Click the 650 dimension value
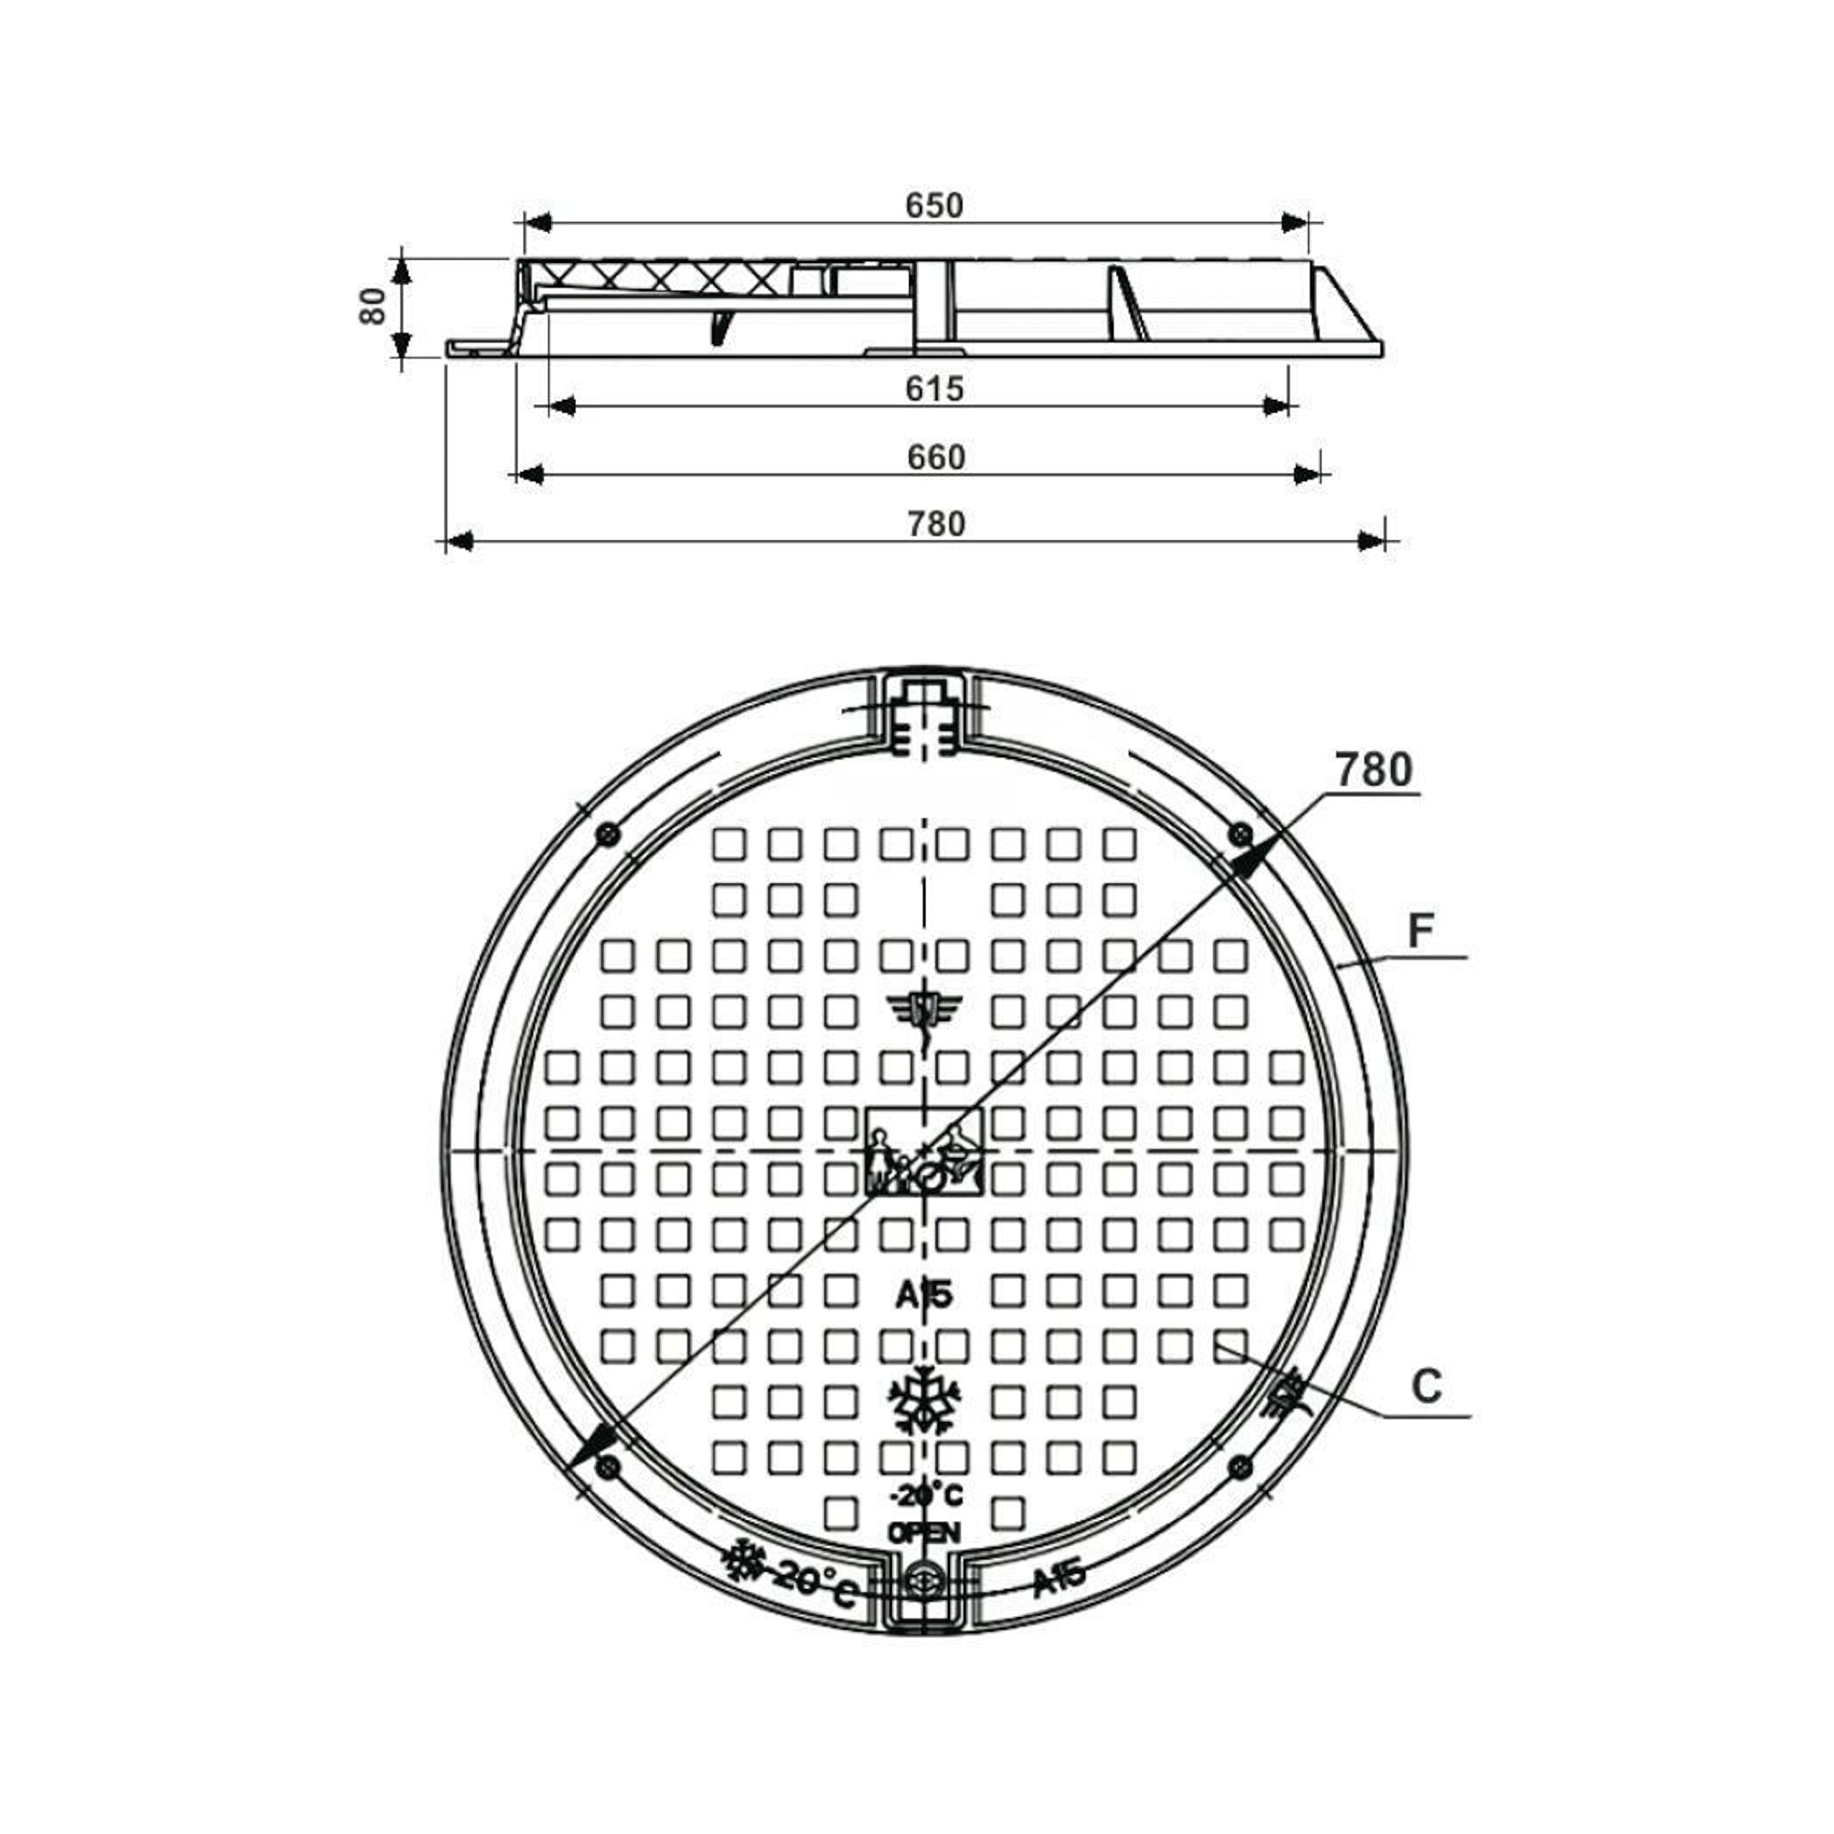point(934,205)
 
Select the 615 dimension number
point(935,388)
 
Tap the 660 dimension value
point(936,458)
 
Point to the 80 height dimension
point(373,306)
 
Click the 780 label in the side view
point(936,524)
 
